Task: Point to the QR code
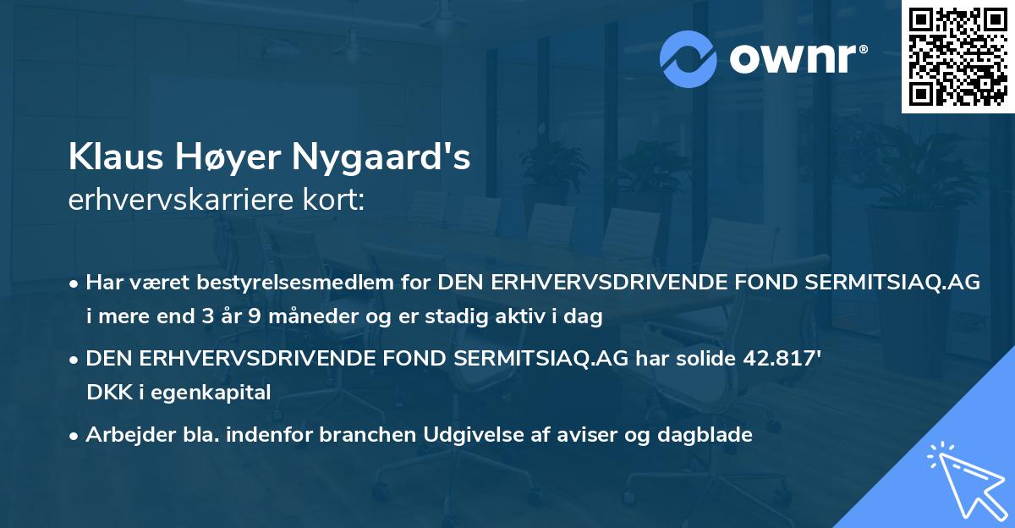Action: tap(957, 57)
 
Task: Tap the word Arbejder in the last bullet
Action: tap(123, 435)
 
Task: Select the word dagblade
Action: tap(708, 435)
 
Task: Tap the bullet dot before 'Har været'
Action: tap(75, 283)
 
